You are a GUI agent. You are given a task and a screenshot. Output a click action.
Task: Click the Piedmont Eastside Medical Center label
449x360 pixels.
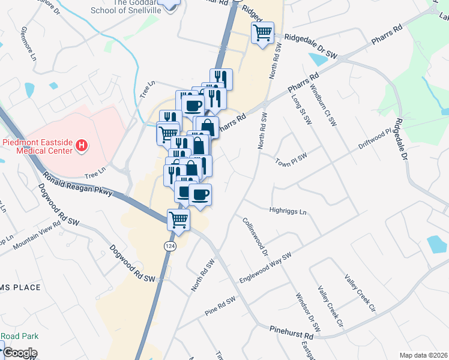(x=37, y=146)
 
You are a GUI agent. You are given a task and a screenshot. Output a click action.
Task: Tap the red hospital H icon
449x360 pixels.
(x=83, y=146)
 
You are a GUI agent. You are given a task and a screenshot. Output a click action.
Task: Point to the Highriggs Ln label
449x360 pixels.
(x=288, y=212)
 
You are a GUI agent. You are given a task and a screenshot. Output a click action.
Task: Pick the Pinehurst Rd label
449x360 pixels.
(x=292, y=331)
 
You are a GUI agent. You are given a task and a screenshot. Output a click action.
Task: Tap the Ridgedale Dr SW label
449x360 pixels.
(x=312, y=47)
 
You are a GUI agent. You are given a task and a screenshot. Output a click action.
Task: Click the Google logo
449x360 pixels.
(x=20, y=353)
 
